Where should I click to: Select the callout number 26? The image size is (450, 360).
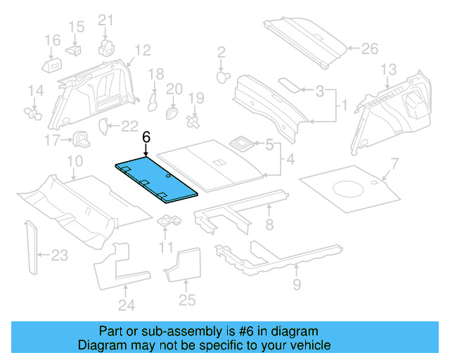[x=369, y=49]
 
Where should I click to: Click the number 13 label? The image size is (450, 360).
[x=389, y=70]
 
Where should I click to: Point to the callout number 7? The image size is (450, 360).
[x=394, y=164]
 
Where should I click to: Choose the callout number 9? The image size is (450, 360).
[x=297, y=284]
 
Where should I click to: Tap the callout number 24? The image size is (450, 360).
[x=125, y=304]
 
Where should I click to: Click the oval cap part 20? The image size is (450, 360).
[x=170, y=112]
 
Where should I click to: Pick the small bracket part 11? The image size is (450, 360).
[x=169, y=221]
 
